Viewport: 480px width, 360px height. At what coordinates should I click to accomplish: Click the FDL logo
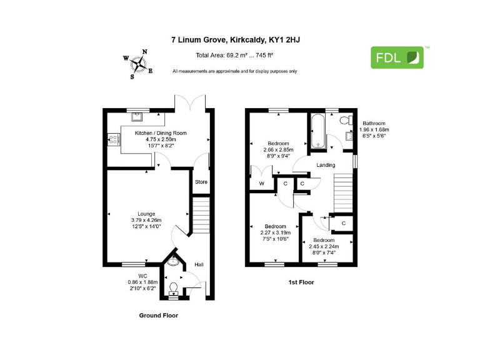(x=397, y=57)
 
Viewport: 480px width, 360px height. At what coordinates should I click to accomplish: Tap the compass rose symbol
(x=139, y=63)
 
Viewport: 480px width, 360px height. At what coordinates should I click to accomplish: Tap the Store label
(x=201, y=182)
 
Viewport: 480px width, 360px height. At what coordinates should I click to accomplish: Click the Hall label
(x=199, y=265)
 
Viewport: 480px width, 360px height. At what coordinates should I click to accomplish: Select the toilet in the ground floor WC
(x=173, y=287)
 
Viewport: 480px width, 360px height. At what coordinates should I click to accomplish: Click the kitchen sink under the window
(x=137, y=117)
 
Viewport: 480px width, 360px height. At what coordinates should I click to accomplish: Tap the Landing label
(x=326, y=165)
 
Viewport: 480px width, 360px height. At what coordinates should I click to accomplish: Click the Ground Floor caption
(x=158, y=316)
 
